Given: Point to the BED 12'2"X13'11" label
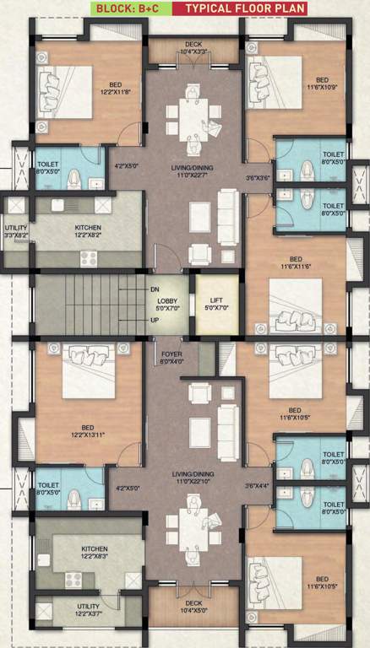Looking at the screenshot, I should (87, 431).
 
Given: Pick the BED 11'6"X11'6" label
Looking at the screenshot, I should (296, 262).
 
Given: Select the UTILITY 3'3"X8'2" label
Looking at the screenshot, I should (16, 232).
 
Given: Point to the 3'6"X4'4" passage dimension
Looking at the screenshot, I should (258, 486).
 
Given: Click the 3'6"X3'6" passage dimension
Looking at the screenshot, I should (258, 178).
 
